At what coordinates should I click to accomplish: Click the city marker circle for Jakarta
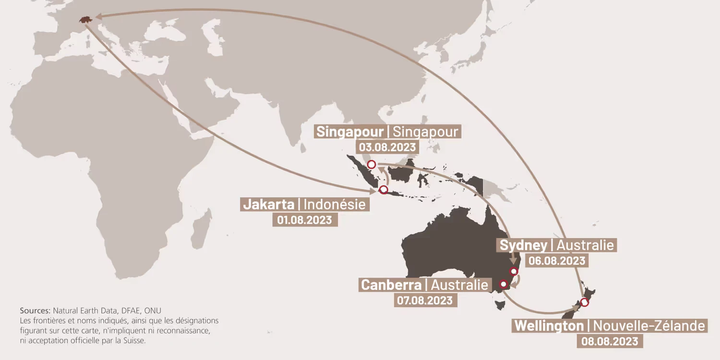pyautogui.click(x=383, y=190)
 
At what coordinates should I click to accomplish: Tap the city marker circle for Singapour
pyautogui.click(x=371, y=165)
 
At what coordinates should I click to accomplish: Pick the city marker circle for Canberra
pyautogui.click(x=504, y=284)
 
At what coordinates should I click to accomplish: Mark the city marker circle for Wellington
pyautogui.click(x=584, y=302)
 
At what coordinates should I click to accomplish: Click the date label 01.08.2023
pyautogui.click(x=304, y=220)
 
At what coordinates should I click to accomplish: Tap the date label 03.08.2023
pyautogui.click(x=387, y=147)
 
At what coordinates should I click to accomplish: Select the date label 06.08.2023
pyautogui.click(x=556, y=261)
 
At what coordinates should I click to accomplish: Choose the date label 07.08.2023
pyautogui.click(x=424, y=300)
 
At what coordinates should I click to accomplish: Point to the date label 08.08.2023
pyautogui.click(x=610, y=341)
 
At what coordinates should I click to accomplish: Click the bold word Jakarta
pyautogui.click(x=268, y=204)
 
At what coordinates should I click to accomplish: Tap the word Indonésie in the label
pyautogui.click(x=335, y=204)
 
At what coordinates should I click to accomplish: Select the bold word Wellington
pyautogui.click(x=549, y=326)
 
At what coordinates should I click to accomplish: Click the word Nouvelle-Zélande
pyautogui.click(x=649, y=326)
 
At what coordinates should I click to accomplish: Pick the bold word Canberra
pyautogui.click(x=391, y=285)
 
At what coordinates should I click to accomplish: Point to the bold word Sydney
pyautogui.click(x=523, y=245)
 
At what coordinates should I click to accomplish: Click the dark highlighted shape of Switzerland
pyautogui.click(x=85, y=20)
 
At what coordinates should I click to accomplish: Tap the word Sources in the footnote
pyautogui.click(x=35, y=311)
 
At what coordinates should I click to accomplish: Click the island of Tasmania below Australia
pyautogui.click(x=501, y=303)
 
